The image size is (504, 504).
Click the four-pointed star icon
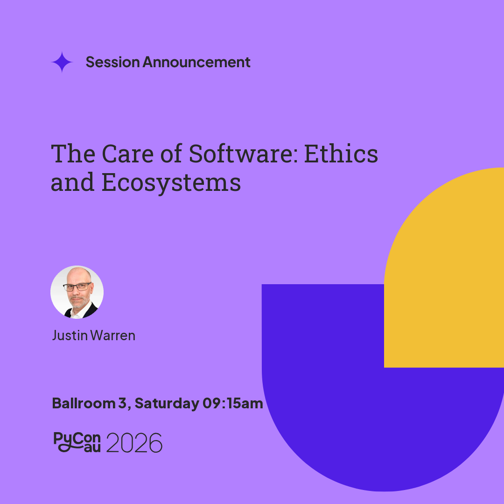pos(62,62)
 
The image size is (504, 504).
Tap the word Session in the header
pos(112,62)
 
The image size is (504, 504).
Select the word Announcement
pos(196,62)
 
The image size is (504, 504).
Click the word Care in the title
pos(127,154)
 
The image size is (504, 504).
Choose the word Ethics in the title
pos(341,154)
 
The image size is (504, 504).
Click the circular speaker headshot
pos(77,292)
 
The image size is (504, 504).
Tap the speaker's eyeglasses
pos(77,287)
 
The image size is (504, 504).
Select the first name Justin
pos(70,336)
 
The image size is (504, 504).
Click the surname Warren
pos(113,336)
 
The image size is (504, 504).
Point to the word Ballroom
pos(84,403)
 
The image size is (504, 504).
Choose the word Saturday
pos(167,404)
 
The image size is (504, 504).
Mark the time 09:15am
pos(233,403)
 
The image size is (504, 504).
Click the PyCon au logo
pos(77,442)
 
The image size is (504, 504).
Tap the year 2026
pos(134,442)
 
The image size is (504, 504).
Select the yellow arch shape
pos(444,267)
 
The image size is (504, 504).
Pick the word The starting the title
pos(73,154)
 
